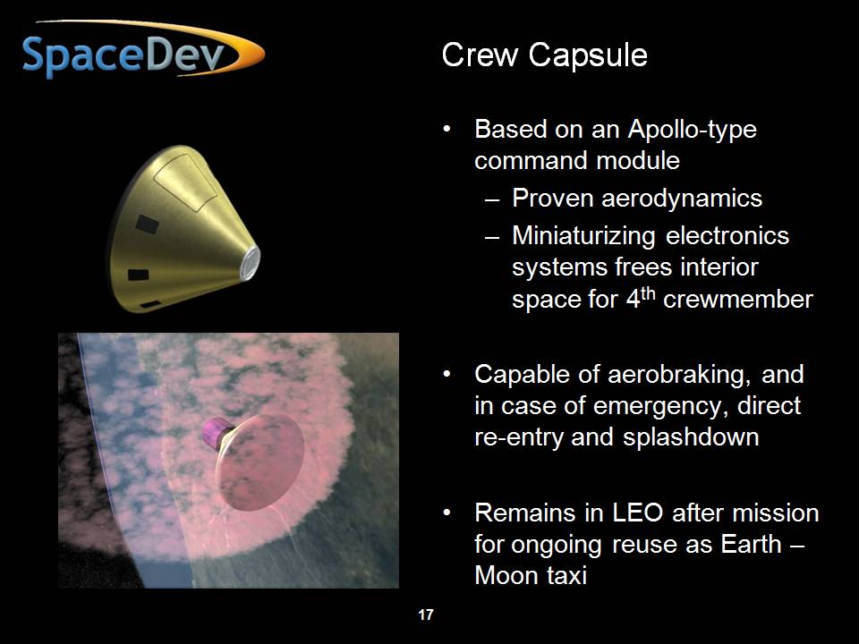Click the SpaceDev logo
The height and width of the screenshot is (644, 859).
click(x=143, y=49)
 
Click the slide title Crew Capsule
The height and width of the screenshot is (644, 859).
click(x=545, y=55)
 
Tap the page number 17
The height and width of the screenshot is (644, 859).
click(x=426, y=615)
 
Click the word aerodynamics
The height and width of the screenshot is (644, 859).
click(x=682, y=199)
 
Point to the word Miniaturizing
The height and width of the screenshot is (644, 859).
click(x=583, y=236)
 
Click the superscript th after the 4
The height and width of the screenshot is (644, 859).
click(x=648, y=293)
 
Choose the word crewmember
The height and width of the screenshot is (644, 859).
click(x=738, y=300)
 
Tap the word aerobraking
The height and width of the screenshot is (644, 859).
click(x=676, y=375)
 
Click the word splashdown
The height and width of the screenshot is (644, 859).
click(x=691, y=437)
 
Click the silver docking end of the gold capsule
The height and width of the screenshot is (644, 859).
click(x=250, y=263)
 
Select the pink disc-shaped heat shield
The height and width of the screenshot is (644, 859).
click(x=260, y=462)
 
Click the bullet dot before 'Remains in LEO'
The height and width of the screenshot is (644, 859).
click(x=447, y=513)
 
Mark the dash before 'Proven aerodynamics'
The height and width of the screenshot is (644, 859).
click(x=492, y=199)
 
